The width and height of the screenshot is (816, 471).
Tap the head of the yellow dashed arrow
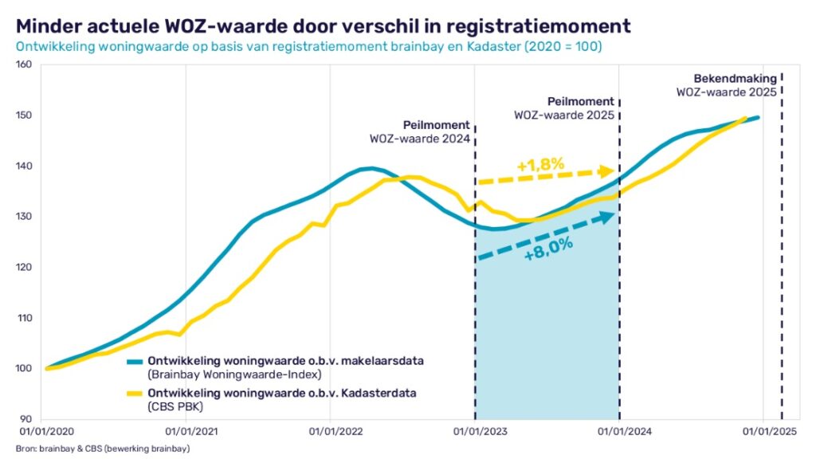click(x=609, y=171)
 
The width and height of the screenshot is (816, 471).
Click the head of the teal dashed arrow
click(x=609, y=215)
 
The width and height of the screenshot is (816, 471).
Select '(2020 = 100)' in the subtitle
click(x=561, y=46)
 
